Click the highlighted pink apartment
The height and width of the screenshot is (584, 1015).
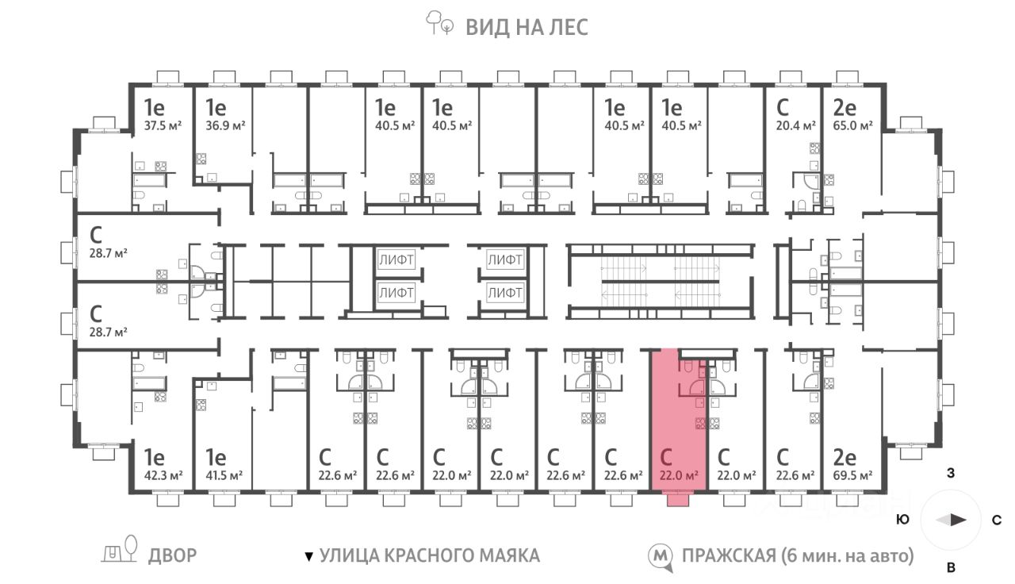point(678,420)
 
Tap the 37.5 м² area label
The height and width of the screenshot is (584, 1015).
point(163,125)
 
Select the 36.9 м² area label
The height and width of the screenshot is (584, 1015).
point(225,125)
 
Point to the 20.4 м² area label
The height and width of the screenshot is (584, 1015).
point(795,125)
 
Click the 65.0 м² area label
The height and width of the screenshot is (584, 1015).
point(852,125)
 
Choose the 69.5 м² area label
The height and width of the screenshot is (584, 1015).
point(852,475)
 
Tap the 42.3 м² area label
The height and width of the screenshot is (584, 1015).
point(163,475)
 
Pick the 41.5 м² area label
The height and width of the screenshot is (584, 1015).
point(224,475)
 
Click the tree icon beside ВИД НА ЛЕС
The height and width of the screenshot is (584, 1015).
point(439,23)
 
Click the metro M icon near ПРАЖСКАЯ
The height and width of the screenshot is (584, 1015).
point(660,557)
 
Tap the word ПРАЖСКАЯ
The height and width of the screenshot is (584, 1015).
point(729,556)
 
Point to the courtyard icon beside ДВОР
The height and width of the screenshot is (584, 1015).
point(120,550)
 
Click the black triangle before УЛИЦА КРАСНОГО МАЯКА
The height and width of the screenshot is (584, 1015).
point(308,556)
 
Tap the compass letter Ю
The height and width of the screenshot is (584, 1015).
point(903,520)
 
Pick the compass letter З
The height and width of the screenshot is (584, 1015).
point(951,474)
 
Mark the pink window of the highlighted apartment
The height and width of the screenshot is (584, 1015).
point(678,500)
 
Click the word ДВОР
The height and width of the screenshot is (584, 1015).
point(173,556)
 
